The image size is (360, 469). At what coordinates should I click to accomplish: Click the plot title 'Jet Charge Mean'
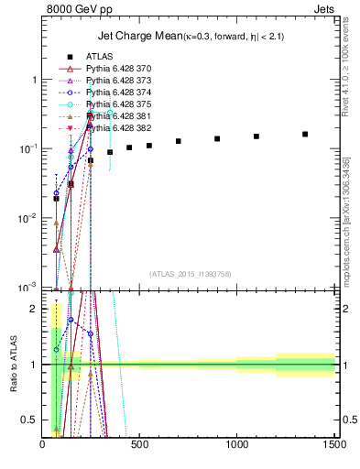pos(138,37)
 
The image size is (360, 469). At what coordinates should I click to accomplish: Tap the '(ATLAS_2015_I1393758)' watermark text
pos(189,273)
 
